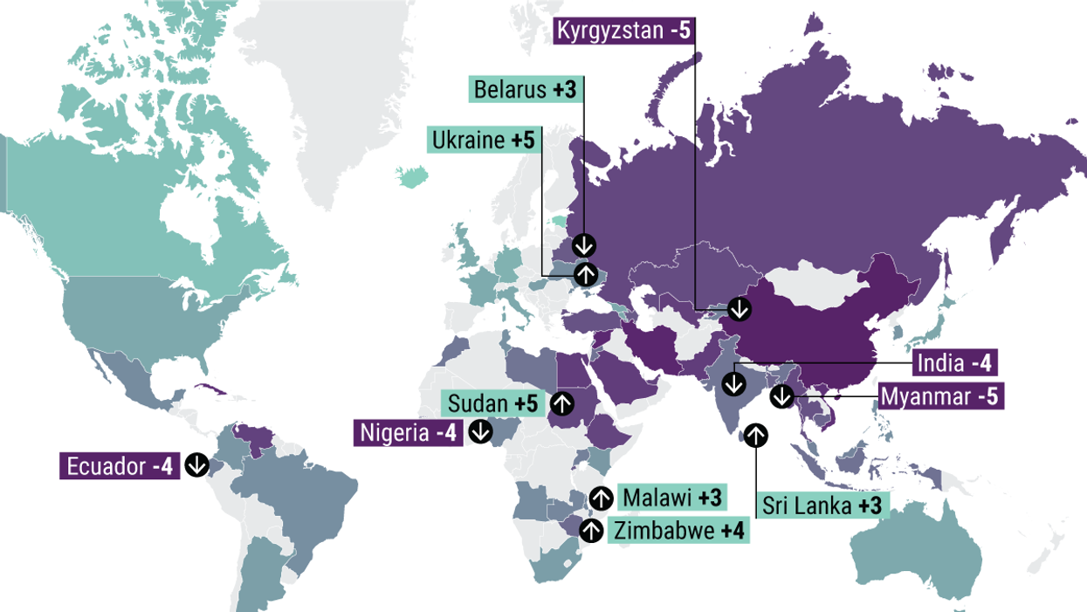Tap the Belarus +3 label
pos(527,90)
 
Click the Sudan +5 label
pos(493,403)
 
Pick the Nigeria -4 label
pos(409,432)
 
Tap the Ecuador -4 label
pos(119,466)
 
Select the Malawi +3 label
pos(673,498)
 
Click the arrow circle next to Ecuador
pos(196,465)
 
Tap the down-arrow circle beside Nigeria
pos(480,431)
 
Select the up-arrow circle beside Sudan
pos(562,403)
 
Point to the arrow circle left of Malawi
pos(601,498)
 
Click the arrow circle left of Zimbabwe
pos(591,530)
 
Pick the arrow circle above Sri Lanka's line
pos(756,433)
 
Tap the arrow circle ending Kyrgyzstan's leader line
pos(740,308)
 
